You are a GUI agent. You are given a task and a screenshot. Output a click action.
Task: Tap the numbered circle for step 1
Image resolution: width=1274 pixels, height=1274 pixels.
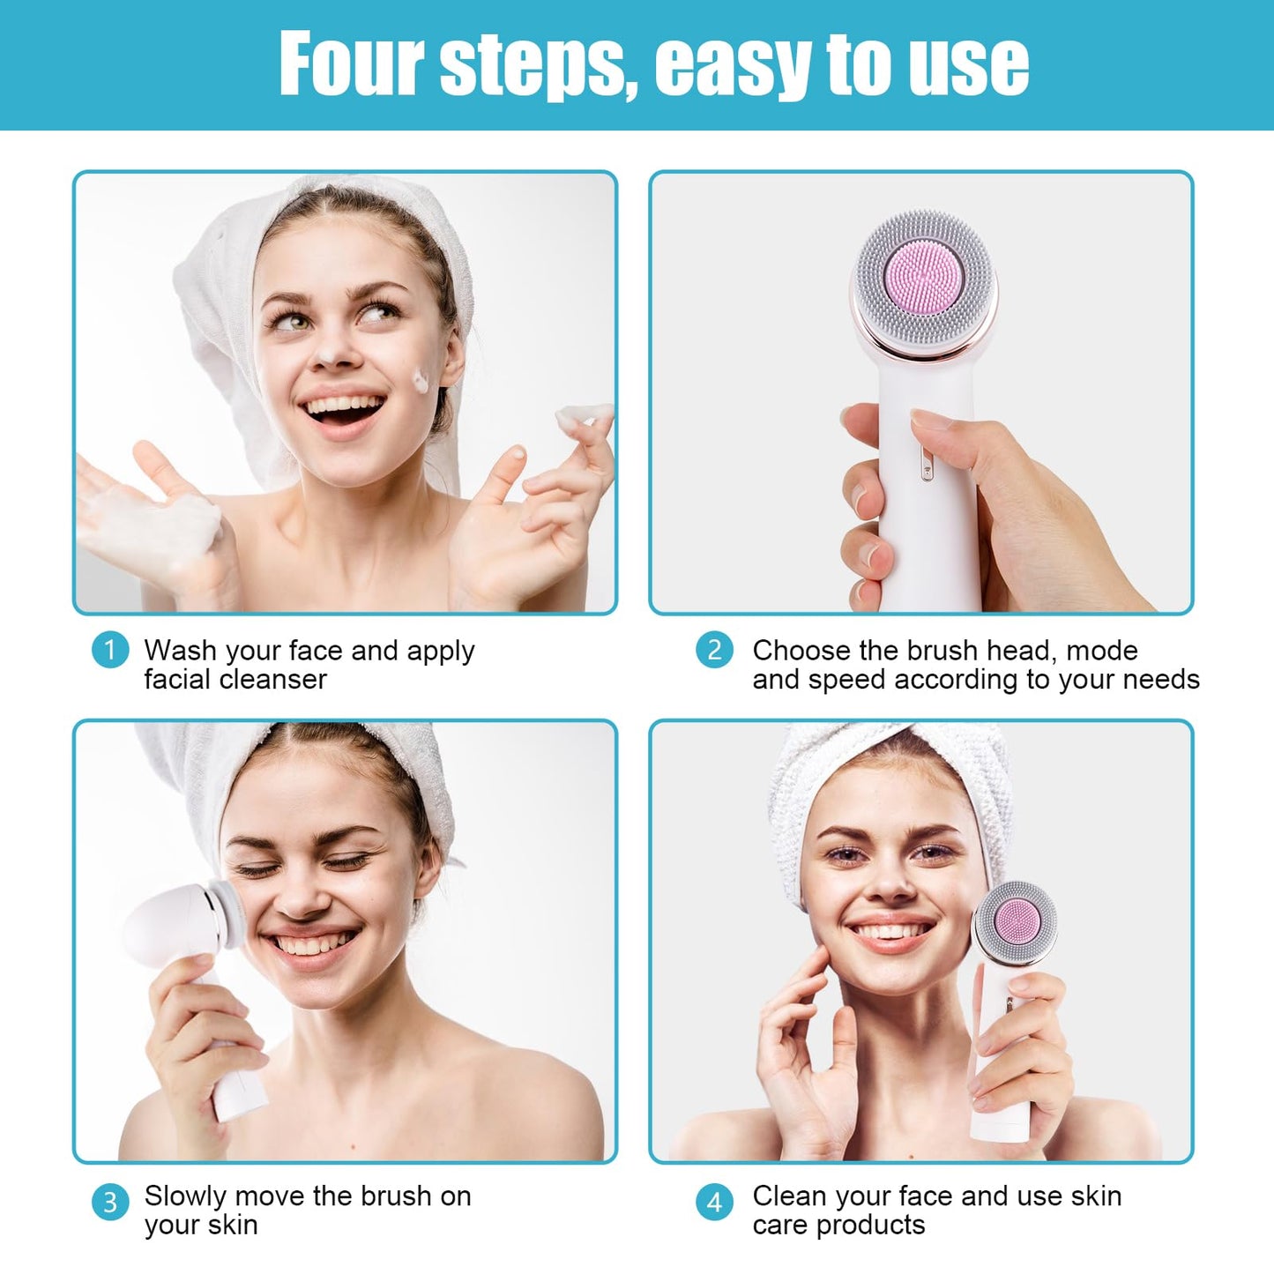click(x=110, y=650)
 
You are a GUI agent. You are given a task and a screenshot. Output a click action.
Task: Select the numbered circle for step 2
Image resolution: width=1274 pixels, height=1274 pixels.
click(x=715, y=650)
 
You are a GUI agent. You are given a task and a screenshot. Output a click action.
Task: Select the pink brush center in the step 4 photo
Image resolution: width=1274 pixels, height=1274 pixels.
click(x=1017, y=922)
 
